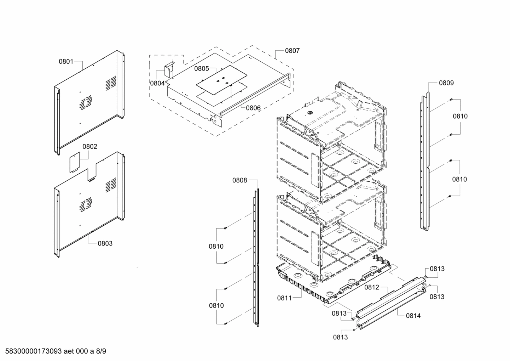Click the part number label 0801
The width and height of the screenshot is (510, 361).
(66, 62)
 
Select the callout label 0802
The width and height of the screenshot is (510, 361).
(90, 146)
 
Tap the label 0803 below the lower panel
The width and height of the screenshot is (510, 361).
(105, 243)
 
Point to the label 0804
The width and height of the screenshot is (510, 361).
(157, 83)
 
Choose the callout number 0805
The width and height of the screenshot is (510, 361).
(201, 69)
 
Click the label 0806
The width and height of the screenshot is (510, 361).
(253, 108)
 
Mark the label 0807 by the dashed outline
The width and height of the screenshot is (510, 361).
(292, 51)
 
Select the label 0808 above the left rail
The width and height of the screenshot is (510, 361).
(239, 180)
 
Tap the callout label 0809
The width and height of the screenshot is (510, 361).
(446, 83)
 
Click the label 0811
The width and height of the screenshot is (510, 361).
(284, 298)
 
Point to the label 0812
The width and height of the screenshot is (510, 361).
(372, 287)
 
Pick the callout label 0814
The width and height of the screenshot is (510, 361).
(413, 315)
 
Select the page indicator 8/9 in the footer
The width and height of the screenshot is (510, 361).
(100, 351)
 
